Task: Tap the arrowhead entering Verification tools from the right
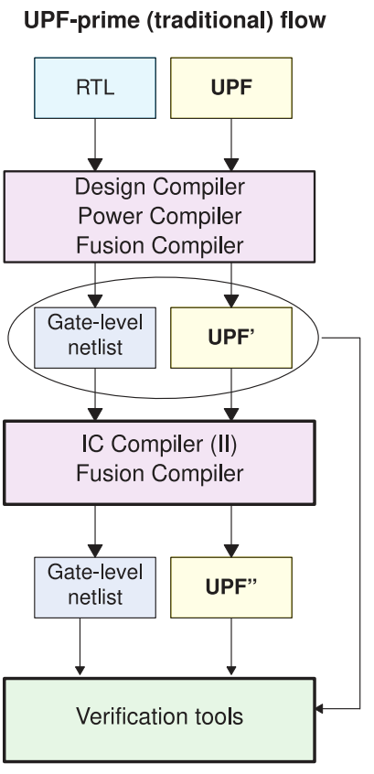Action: coord(320,709)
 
